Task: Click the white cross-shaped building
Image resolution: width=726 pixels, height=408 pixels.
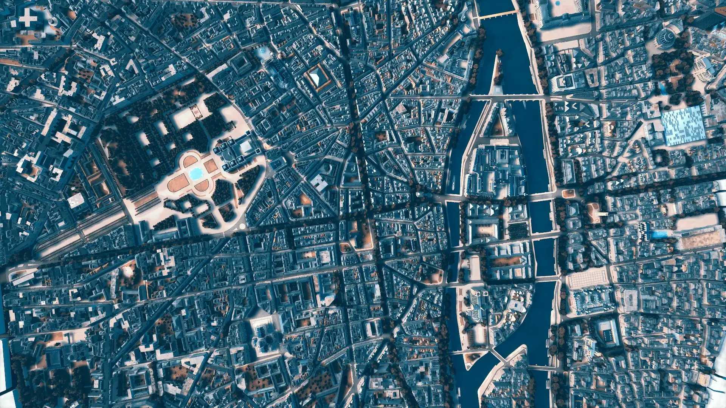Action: pos(28,18)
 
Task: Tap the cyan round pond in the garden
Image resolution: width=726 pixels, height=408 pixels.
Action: pos(196,173)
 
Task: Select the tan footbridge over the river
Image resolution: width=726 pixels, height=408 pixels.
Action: pos(497,15)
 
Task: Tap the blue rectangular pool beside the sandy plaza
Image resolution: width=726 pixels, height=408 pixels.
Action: pos(659,235)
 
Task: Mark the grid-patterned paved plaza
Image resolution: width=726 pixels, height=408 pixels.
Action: pos(588,280)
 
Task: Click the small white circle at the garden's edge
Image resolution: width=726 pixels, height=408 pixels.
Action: pos(242,226)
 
